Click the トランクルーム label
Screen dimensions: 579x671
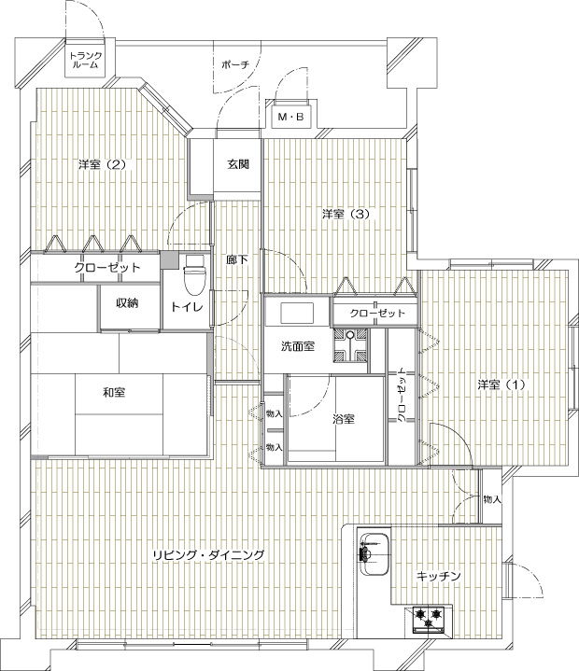click(x=86, y=61)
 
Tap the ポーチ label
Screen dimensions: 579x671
click(x=235, y=65)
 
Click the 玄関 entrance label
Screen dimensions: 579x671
click(x=238, y=164)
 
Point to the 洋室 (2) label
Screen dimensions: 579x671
click(x=103, y=164)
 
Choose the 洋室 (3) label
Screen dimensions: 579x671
click(x=346, y=214)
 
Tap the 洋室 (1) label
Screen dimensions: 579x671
click(x=501, y=384)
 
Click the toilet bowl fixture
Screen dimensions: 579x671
click(x=194, y=275)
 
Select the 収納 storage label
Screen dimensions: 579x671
click(x=127, y=303)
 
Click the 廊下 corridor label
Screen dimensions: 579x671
click(x=237, y=259)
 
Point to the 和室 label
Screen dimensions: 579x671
click(x=114, y=392)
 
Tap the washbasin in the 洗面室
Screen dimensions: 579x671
click(x=298, y=314)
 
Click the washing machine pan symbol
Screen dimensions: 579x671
click(x=350, y=345)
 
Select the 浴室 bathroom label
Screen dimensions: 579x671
click(x=344, y=419)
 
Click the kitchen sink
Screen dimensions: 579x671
click(x=374, y=554)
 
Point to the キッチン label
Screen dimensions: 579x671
click(x=439, y=576)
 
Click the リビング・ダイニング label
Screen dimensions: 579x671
click(x=208, y=555)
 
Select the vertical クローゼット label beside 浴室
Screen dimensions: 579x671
click(x=402, y=395)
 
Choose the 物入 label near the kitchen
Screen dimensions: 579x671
click(x=492, y=499)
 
